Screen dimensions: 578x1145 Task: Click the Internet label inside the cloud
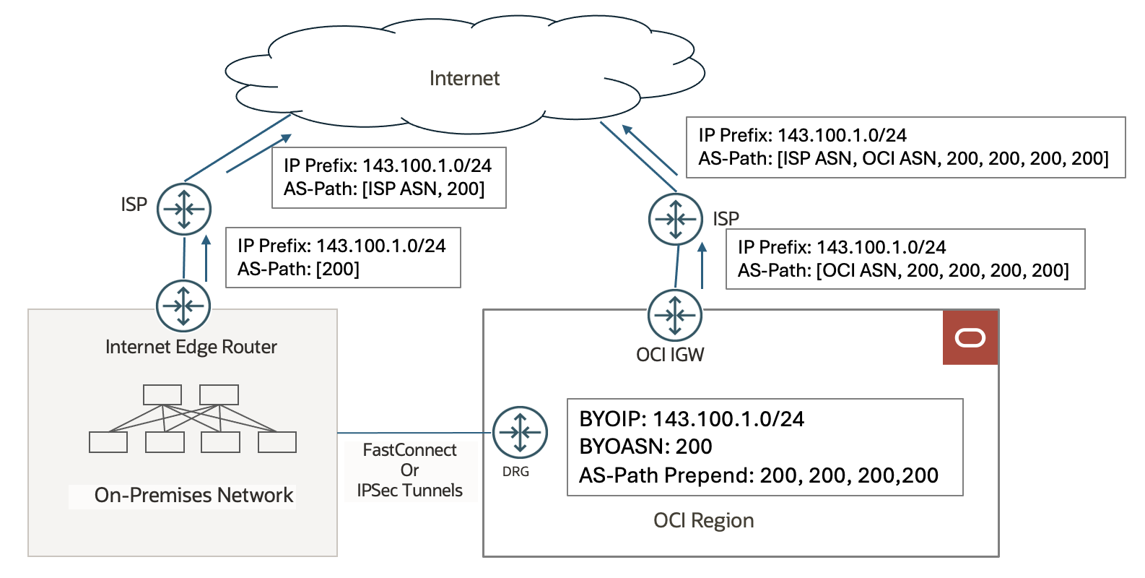pyautogui.click(x=464, y=78)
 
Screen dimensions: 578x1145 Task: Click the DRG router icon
pyautogui.click(x=520, y=433)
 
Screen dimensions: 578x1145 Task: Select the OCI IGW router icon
pyautogui.click(x=674, y=315)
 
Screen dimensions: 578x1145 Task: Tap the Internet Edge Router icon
pyautogui.click(x=183, y=306)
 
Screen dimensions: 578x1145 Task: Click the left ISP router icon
pyautogui.click(x=184, y=210)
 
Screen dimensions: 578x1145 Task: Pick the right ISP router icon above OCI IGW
pyautogui.click(x=675, y=219)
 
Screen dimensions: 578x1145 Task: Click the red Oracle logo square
pyautogui.click(x=970, y=337)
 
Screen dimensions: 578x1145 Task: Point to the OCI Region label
pyautogui.click(x=703, y=520)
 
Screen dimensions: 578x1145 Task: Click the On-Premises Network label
pyautogui.click(x=193, y=496)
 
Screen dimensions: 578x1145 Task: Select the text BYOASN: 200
pyautogui.click(x=645, y=447)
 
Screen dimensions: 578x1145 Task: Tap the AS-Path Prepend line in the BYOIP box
pyautogui.click(x=758, y=475)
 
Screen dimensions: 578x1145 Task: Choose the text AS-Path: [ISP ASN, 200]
pyautogui.click(x=384, y=189)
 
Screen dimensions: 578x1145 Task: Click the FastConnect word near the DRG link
pyautogui.click(x=409, y=450)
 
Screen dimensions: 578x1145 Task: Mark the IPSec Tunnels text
pyautogui.click(x=409, y=491)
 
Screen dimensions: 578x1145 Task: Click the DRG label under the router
pyautogui.click(x=515, y=472)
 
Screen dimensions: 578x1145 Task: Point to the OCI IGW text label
pyautogui.click(x=670, y=355)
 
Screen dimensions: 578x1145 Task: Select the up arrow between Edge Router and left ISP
pyautogui.click(x=206, y=258)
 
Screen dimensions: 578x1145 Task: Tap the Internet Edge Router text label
pyautogui.click(x=191, y=347)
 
